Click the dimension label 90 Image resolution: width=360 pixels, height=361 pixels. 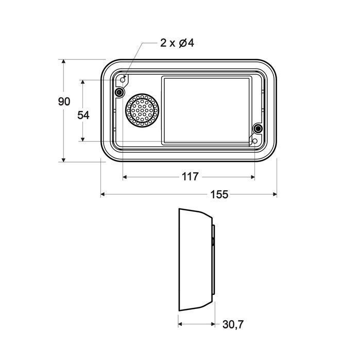pos(64,102)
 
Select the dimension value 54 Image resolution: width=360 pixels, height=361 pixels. pos(83,115)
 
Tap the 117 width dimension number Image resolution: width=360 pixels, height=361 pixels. pos(190,177)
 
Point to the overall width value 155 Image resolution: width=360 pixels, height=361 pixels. pos(219,194)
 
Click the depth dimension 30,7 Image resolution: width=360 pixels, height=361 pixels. pos(232,324)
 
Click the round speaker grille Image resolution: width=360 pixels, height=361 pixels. pos(142,110)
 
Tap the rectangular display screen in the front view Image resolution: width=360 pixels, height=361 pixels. pos(207,110)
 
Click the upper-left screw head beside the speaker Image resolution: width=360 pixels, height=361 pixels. pos(119,92)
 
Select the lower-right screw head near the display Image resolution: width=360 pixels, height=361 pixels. pos(258,128)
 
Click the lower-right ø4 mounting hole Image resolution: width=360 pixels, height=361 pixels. pos(254,141)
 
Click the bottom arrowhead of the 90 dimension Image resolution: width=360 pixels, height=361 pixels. pos(64,159)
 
